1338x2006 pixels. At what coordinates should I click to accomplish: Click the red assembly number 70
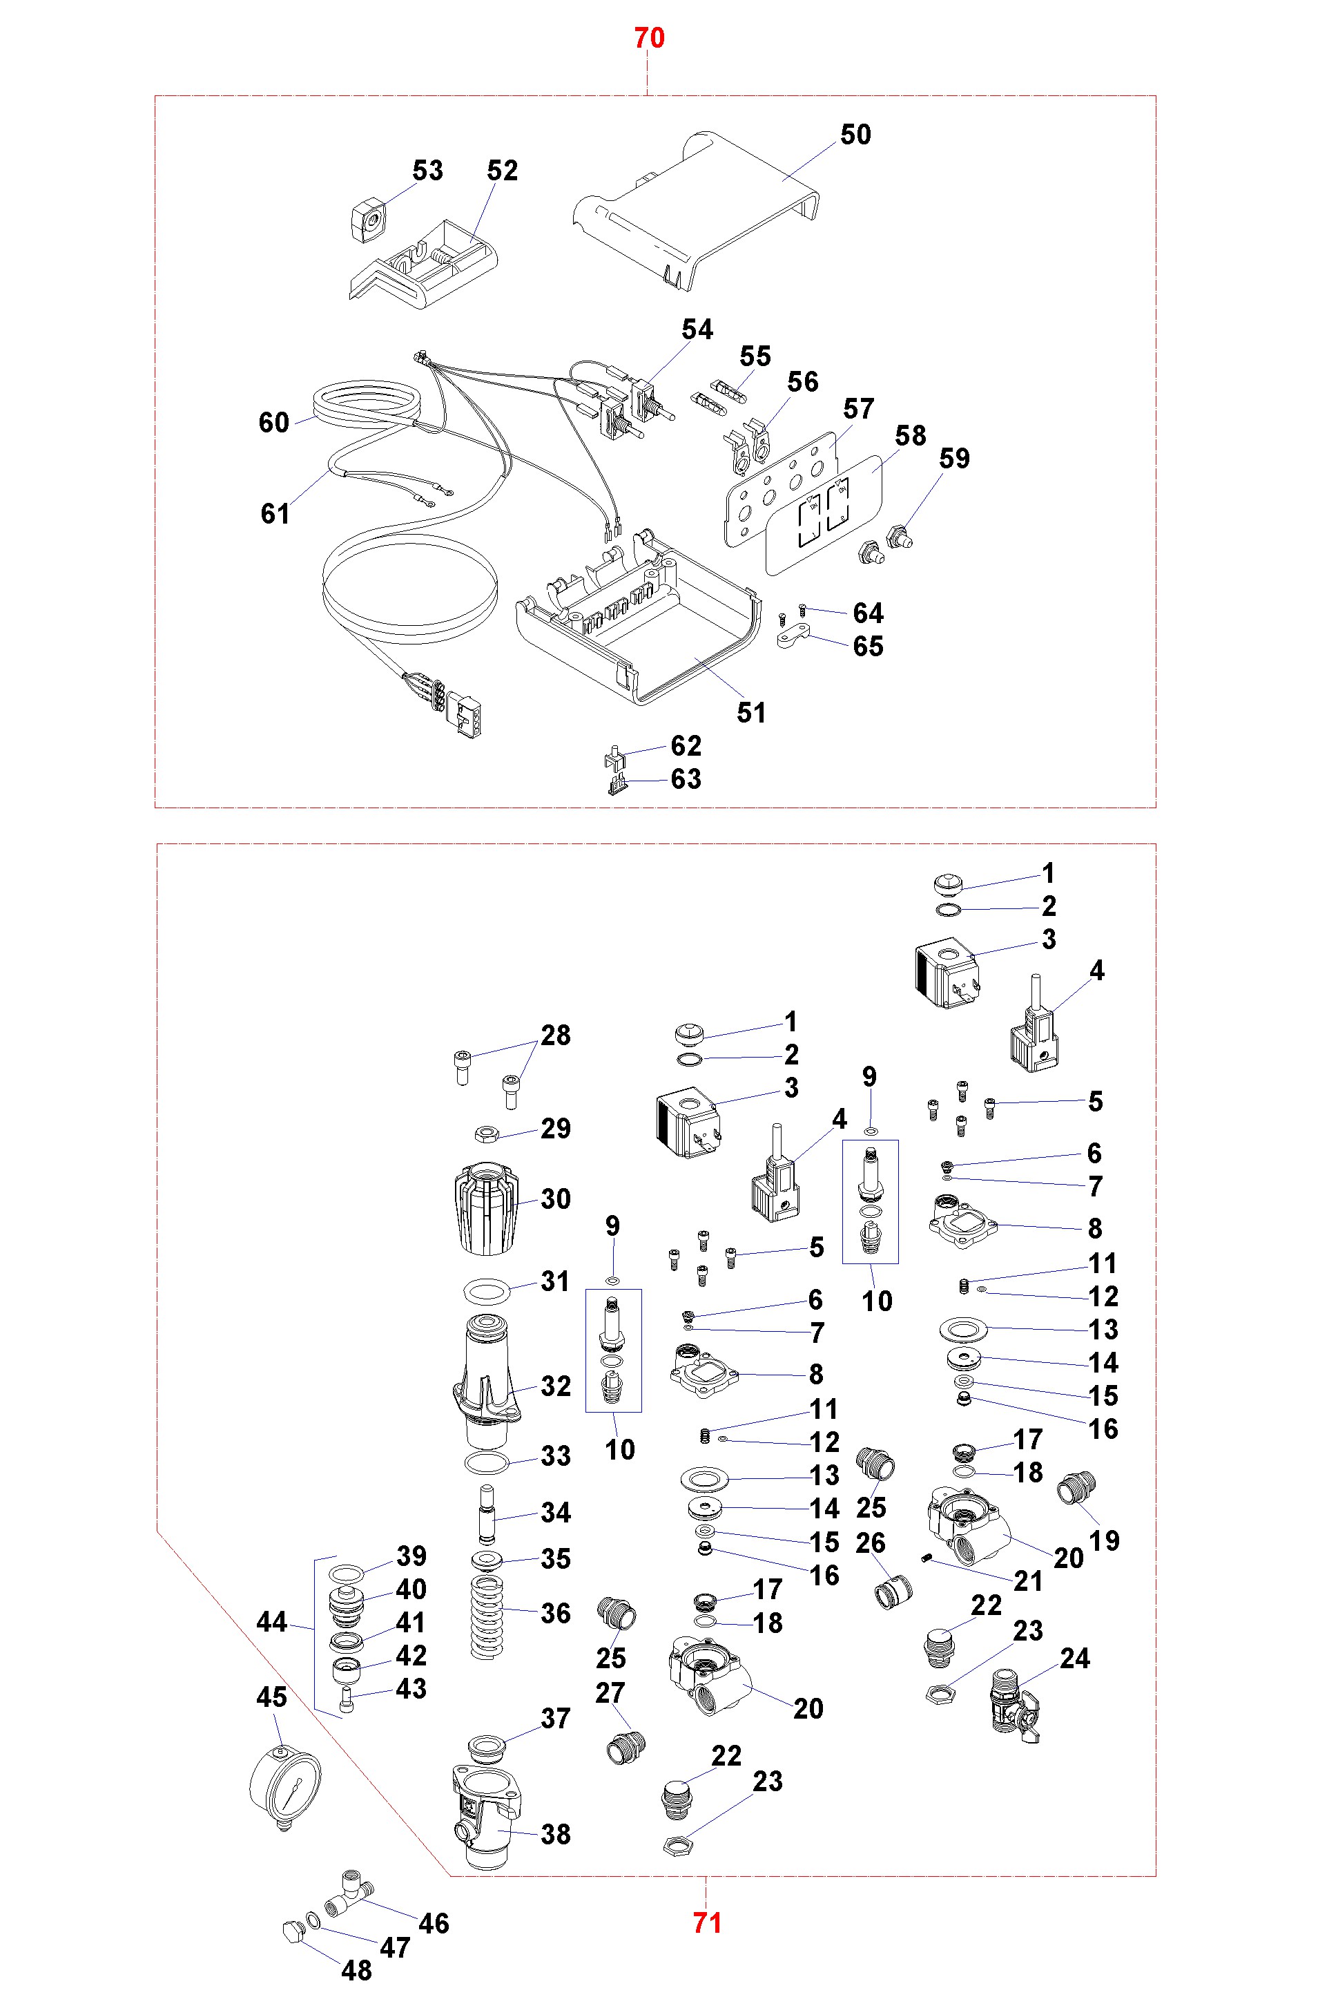648,39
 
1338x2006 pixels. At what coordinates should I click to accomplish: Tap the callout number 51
751,713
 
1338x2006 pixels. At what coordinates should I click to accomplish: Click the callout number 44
271,1622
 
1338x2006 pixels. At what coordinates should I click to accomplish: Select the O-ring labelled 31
487,1290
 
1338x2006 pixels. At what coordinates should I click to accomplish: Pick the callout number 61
275,514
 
